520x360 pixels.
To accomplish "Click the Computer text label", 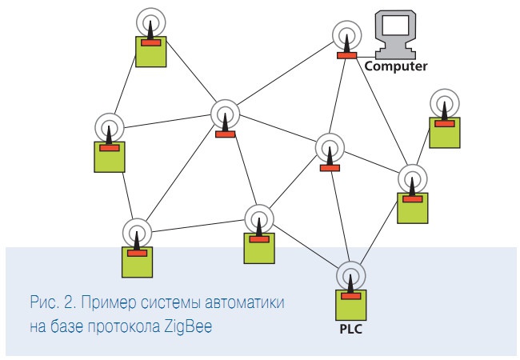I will pos(395,66).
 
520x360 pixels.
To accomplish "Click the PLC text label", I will pos(349,327).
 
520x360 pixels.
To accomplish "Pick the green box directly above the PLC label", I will pos(349,305).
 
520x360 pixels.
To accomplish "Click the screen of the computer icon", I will pos(397,24).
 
